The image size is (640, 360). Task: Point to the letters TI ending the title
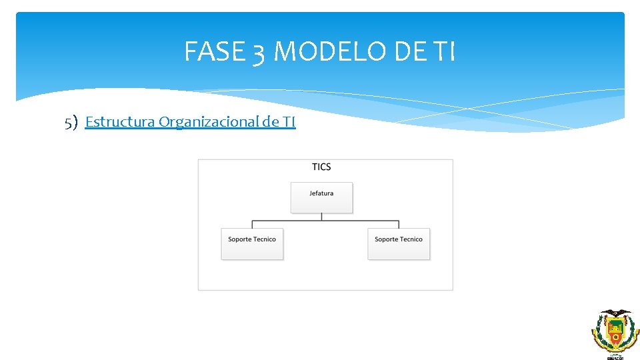point(443,51)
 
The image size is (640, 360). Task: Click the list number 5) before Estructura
point(71,122)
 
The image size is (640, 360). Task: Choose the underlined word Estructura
point(120,121)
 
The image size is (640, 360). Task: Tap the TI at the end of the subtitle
point(289,121)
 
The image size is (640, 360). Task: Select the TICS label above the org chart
point(321,167)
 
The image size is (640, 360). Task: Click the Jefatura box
point(321,197)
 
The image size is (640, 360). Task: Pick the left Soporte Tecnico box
point(252,243)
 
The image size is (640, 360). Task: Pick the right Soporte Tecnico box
point(399,243)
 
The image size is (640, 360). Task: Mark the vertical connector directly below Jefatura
point(321,217)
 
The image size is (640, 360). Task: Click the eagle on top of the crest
point(615,313)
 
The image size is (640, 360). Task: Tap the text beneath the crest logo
point(615,357)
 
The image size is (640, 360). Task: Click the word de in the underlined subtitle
point(271,121)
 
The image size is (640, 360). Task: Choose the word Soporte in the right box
point(386,239)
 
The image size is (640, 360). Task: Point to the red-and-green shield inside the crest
point(615,331)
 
